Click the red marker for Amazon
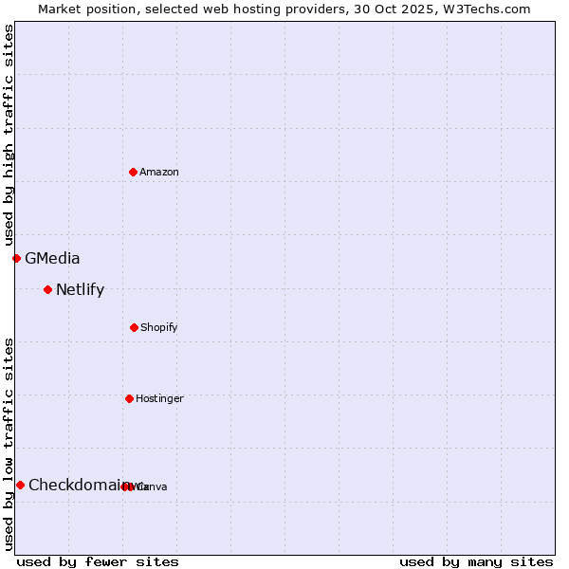click(133, 172)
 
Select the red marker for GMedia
click(16, 258)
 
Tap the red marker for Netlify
click(47, 289)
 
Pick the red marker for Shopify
click(134, 327)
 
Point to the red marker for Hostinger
click(129, 398)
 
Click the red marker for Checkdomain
click(20, 485)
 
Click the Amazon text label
click(159, 172)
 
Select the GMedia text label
click(52, 258)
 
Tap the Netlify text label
click(80, 289)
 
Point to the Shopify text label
click(159, 327)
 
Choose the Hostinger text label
click(159, 398)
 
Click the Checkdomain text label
click(76, 485)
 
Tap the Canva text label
click(154, 486)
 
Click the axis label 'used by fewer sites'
click(98, 561)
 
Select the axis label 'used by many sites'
click(476, 561)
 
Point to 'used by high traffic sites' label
click(9, 135)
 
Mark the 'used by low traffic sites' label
click(9, 443)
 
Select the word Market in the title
click(61, 9)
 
